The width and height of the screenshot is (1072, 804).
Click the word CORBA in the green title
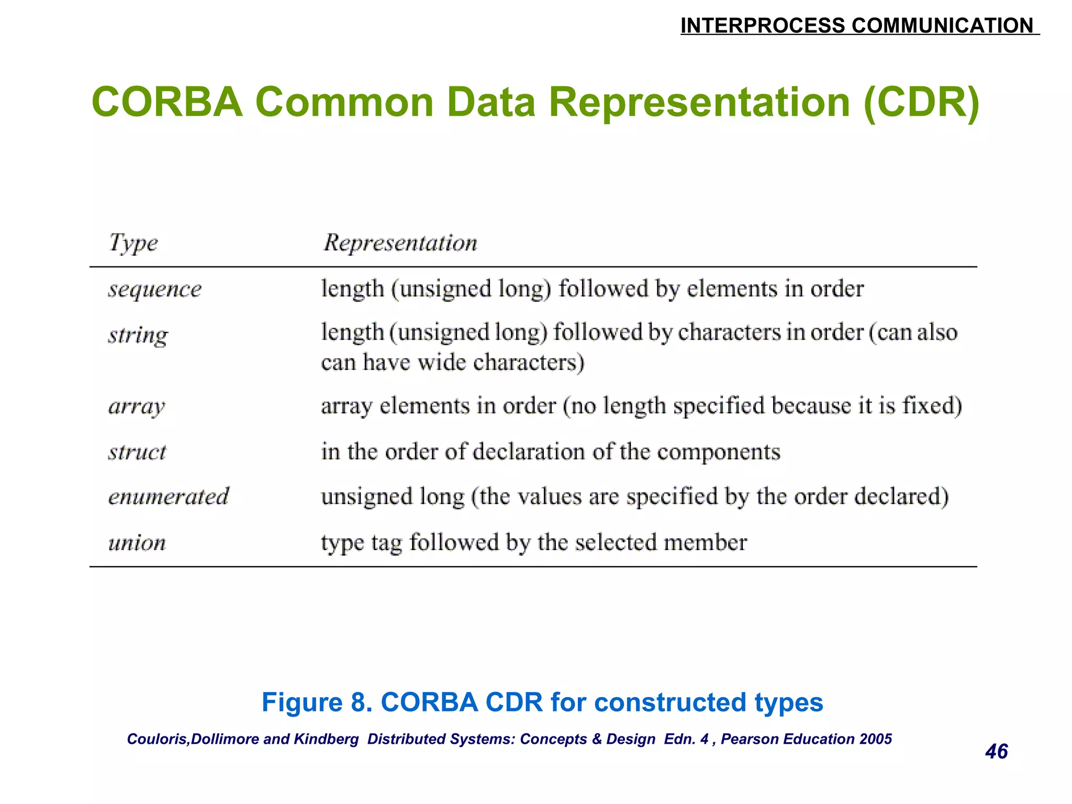[167, 102]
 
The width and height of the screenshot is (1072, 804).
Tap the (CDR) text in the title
[921, 102]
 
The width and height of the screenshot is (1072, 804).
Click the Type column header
[133, 243]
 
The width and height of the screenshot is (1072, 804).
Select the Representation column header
[400, 243]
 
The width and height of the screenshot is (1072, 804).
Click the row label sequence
[155, 289]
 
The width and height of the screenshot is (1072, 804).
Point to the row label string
[138, 335]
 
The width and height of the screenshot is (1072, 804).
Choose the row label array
[137, 406]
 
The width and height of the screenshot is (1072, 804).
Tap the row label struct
[137, 452]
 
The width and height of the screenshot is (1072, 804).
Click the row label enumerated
[169, 497]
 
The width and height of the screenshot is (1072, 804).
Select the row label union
[137, 543]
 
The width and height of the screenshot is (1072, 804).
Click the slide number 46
[996, 752]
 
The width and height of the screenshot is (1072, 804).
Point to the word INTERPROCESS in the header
[763, 26]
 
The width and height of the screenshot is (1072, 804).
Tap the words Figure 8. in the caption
[317, 702]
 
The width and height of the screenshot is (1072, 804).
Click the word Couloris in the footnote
[157, 739]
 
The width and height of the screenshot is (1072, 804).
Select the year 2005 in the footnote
[876, 739]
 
